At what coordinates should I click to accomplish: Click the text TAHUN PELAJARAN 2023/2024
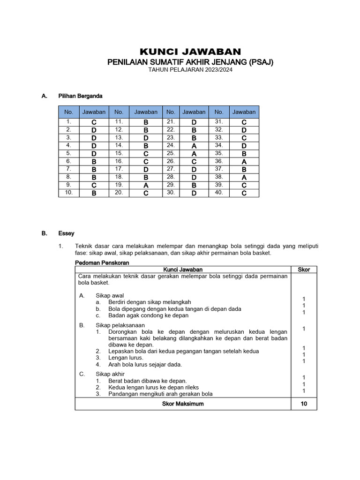coord(190,70)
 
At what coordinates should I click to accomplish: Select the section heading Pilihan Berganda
coord(80,96)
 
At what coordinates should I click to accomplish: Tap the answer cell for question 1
coord(94,122)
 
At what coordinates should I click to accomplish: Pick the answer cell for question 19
coord(146,185)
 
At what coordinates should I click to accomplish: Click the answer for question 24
coord(194,145)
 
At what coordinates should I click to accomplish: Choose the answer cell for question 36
coord(244,161)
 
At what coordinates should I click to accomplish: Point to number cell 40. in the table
coord(219,193)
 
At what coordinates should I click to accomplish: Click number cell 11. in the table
coord(119,122)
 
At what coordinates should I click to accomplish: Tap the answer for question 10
coord(94,193)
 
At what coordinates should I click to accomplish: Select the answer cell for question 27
coord(194,169)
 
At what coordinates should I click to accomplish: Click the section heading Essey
coord(66,233)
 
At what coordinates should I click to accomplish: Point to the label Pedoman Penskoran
coord(102,263)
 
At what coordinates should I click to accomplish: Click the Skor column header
coord(304,270)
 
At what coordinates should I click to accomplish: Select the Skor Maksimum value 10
coord(304,404)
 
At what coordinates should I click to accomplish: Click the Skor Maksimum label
coord(183,404)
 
